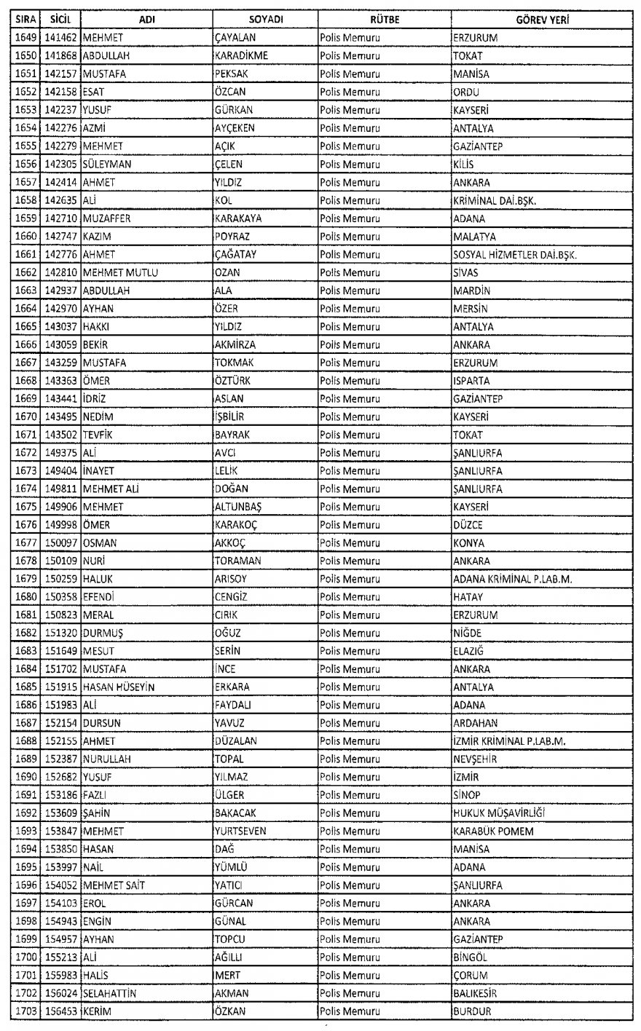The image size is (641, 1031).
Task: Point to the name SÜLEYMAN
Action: point(107,165)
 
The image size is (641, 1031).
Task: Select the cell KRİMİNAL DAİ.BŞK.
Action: point(495,200)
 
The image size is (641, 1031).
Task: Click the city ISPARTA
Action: point(471,381)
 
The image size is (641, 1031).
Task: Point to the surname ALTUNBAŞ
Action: point(239,507)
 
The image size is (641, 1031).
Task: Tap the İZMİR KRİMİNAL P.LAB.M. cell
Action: point(510,741)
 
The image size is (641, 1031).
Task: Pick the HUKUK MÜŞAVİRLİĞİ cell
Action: point(499,813)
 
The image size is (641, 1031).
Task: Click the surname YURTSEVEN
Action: point(241,831)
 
